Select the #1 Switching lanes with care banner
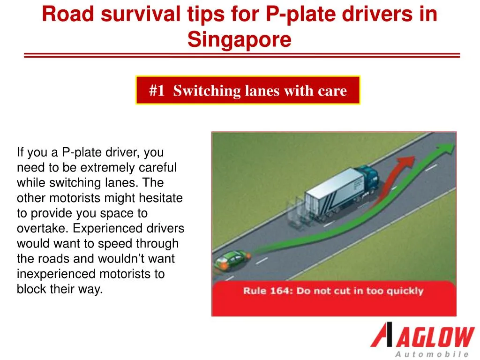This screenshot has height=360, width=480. tap(248, 90)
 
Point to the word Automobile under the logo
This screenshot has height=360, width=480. tap(432, 354)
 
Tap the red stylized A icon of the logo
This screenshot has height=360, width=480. tap(381, 334)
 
